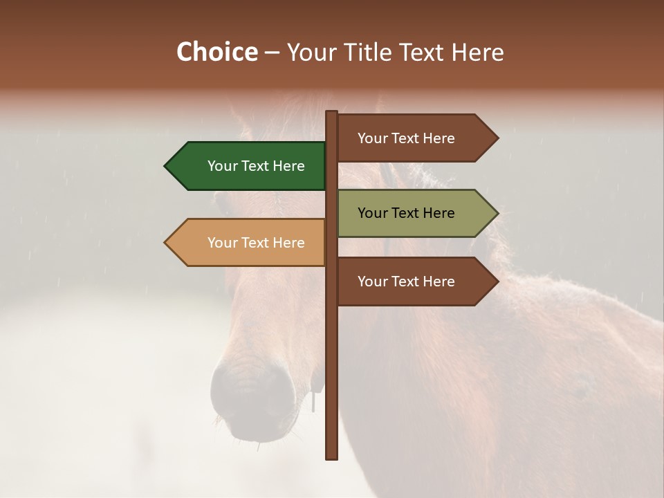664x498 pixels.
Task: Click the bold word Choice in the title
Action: [x=216, y=53]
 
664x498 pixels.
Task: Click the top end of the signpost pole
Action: [x=331, y=113]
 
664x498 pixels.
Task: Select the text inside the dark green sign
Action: [x=256, y=166]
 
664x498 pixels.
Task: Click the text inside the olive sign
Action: [x=406, y=213]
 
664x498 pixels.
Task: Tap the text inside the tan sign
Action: [x=256, y=243]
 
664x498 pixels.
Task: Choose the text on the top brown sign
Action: [x=406, y=138]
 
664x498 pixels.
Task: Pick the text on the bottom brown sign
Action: [x=406, y=282]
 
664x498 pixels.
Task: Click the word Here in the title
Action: [x=478, y=53]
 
